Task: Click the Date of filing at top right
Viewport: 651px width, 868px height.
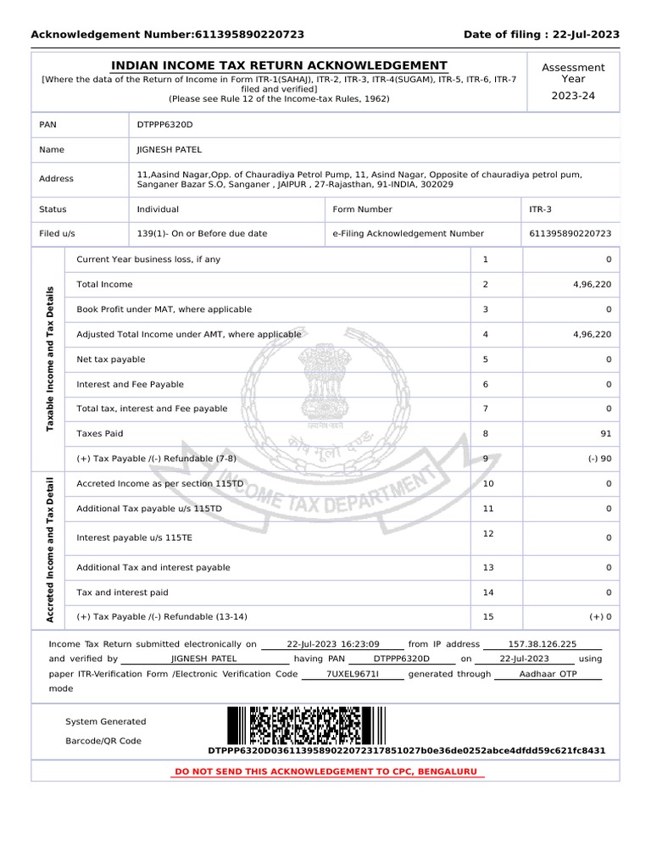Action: (x=541, y=35)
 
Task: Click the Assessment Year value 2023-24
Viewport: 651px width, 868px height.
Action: (x=573, y=96)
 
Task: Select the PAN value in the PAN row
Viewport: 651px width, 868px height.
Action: (x=164, y=125)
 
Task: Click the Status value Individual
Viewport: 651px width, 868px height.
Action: (x=158, y=209)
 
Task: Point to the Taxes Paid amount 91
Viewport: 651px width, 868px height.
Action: (x=604, y=434)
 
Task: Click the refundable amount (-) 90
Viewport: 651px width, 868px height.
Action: (x=598, y=459)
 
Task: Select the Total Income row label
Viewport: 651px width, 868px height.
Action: (x=104, y=285)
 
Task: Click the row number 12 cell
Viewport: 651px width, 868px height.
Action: (x=487, y=533)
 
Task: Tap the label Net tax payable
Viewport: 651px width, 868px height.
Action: (x=110, y=359)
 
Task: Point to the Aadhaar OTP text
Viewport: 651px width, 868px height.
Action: (x=547, y=674)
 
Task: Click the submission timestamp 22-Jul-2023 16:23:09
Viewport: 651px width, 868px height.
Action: (x=333, y=644)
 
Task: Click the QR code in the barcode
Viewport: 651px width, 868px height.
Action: (x=310, y=726)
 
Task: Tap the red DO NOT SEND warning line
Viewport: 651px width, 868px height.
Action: (x=326, y=771)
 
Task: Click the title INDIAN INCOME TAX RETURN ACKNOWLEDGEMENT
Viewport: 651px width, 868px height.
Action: (x=280, y=65)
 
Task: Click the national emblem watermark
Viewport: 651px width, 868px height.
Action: (x=326, y=381)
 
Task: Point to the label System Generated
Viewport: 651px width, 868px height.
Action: (x=105, y=721)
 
